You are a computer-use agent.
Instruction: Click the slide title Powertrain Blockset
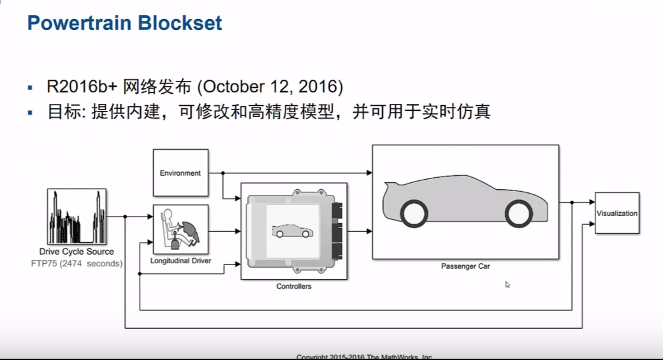124,24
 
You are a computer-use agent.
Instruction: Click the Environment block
180,173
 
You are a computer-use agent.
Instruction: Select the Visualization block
616,213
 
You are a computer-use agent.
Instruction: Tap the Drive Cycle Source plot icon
76,217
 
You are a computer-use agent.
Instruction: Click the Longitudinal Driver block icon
180,229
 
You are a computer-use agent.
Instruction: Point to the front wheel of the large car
518,213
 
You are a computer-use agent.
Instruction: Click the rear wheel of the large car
414,213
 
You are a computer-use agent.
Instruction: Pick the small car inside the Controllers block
292,230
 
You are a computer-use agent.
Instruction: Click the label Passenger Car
465,266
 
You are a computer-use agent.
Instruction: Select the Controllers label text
294,287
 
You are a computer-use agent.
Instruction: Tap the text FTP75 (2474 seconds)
76,263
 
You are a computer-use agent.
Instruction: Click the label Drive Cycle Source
76,252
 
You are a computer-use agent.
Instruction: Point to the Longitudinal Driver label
180,261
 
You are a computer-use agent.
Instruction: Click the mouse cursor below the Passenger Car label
507,284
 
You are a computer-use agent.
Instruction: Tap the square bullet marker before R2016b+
29,87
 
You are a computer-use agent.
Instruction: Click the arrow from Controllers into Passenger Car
360,231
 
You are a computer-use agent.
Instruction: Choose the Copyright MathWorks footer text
365,356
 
